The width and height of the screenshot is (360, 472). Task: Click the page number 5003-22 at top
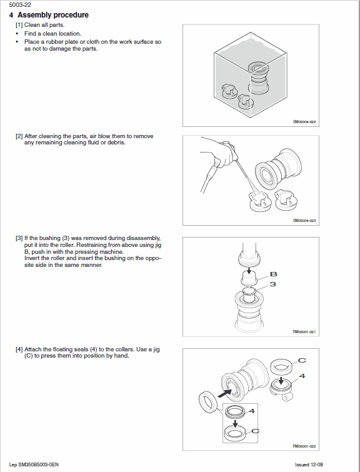pos(19,4)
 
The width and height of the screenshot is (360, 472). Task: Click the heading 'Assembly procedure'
pos(52,15)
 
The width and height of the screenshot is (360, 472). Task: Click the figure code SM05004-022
pos(304,123)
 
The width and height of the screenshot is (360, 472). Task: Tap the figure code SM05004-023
pos(304,221)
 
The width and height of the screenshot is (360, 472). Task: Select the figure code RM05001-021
pos(304,332)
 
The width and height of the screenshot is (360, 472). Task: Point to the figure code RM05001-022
pos(304,446)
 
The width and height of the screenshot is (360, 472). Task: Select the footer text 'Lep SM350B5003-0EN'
pos(34,466)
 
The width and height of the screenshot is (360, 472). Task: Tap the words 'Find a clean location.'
pos(52,33)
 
